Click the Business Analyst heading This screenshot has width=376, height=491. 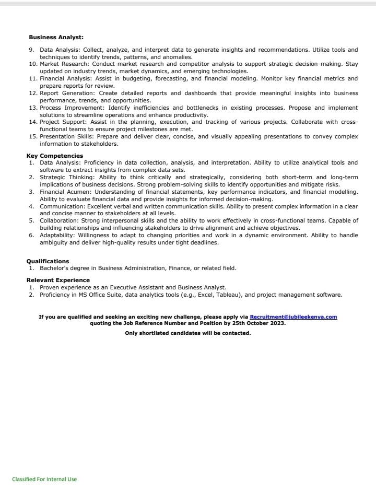[x=56, y=37]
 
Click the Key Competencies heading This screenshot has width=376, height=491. [x=54, y=156]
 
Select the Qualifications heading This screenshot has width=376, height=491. [x=48, y=261]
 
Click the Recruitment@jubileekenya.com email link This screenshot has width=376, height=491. [x=293, y=317]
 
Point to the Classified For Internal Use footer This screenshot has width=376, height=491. [x=44, y=479]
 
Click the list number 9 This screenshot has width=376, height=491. [x=31, y=50]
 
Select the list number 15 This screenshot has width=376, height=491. [x=32, y=136]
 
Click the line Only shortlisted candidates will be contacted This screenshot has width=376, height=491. [x=188, y=333]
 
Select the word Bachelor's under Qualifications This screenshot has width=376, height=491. [x=54, y=268]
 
